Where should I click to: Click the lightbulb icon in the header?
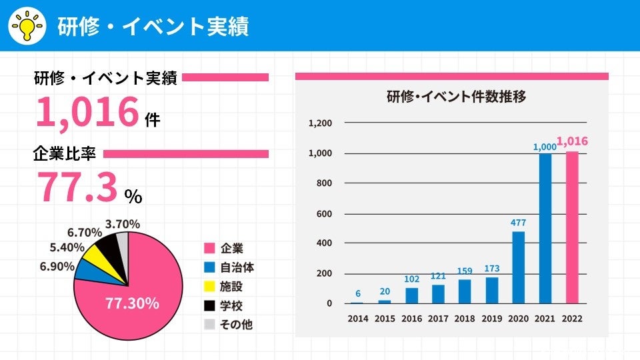click(x=27, y=26)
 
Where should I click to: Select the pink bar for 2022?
click(x=571, y=227)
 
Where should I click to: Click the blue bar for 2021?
click(x=545, y=229)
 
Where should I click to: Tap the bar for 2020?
click(x=518, y=267)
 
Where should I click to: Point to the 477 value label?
click(x=518, y=223)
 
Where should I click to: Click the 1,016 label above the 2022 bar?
click(x=572, y=141)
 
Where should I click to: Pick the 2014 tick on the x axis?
click(x=358, y=319)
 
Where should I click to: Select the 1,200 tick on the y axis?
click(x=320, y=123)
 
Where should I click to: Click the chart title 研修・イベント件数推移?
click(x=457, y=97)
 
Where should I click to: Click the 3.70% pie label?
click(x=123, y=223)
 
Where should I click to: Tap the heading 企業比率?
click(x=65, y=153)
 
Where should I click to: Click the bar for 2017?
click(x=438, y=294)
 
